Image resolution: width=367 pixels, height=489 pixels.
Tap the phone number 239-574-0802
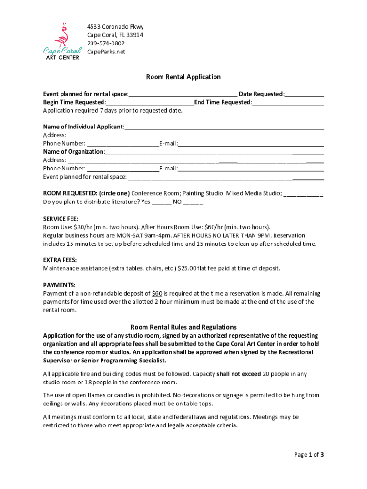106,43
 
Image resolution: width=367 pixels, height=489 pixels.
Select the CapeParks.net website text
106,52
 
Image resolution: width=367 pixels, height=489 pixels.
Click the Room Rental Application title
183,77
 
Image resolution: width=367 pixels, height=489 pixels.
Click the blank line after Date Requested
305,95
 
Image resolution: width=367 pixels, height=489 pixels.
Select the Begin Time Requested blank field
150,103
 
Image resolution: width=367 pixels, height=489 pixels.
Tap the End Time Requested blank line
288,103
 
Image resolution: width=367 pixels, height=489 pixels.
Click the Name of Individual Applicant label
83,127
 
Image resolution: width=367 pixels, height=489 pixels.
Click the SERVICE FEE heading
61,219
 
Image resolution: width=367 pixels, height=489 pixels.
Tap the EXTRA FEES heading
60,260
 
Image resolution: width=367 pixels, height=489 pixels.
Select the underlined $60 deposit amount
156,293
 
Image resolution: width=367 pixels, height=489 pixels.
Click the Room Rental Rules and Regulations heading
183,327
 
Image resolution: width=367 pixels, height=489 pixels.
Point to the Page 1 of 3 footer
308,455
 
